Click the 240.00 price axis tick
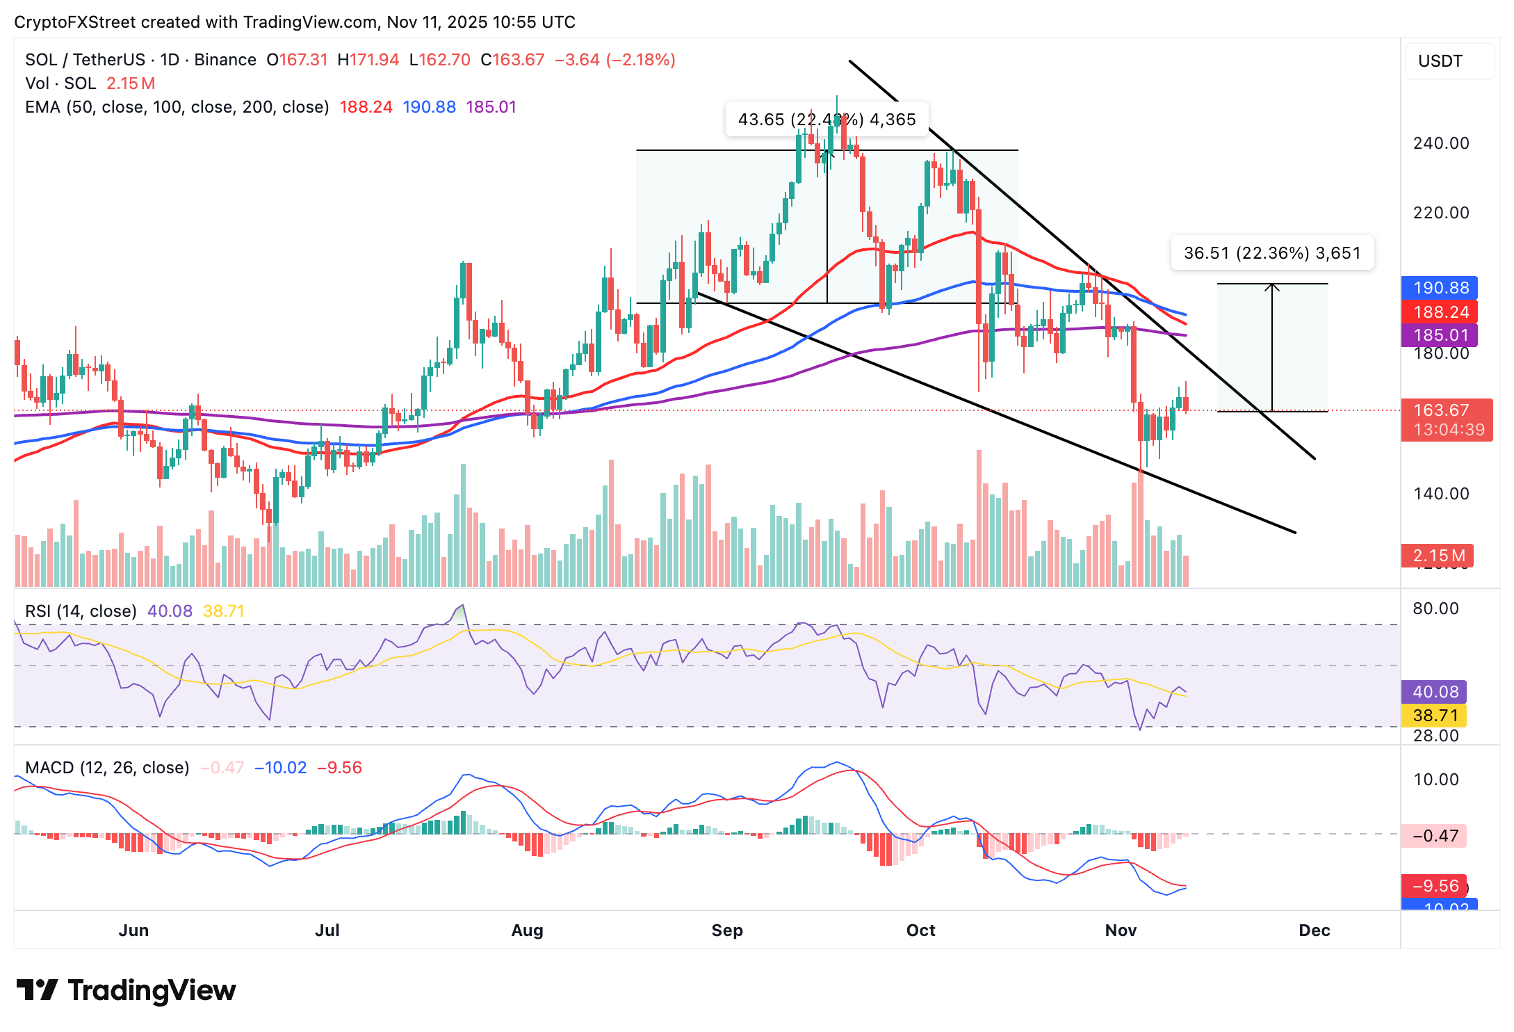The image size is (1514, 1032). tap(1440, 143)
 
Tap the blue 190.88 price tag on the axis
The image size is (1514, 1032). tap(1439, 288)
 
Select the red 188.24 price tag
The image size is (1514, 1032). tap(1439, 312)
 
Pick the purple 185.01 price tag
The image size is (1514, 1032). tap(1439, 335)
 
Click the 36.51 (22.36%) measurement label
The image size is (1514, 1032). tap(1271, 253)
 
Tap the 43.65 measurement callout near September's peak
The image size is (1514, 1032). tap(827, 120)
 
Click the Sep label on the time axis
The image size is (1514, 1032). tap(727, 930)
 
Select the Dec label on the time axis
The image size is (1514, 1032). tap(1314, 930)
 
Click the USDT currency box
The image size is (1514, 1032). tap(1449, 61)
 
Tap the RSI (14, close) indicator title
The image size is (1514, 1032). tap(81, 611)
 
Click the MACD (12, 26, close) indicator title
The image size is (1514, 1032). tap(107, 768)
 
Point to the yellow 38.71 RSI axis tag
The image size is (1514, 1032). tap(1435, 716)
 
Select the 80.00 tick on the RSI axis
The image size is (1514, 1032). tap(1435, 608)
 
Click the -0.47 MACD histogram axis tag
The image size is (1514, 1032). tap(1435, 836)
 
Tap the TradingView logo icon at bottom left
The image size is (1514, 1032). tap(37, 990)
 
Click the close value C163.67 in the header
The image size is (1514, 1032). tap(512, 60)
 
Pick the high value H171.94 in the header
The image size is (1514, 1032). tap(368, 60)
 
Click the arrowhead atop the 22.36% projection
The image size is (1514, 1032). tap(1272, 287)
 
